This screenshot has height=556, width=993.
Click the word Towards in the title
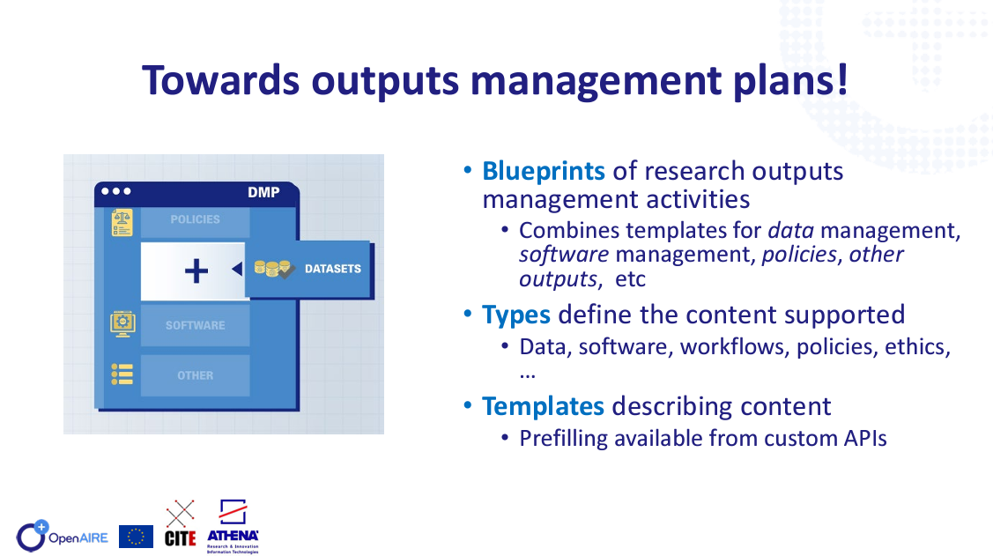click(220, 80)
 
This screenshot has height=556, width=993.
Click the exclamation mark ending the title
click(841, 79)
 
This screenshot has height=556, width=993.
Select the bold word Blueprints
click(544, 171)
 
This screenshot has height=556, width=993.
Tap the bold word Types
click(516, 315)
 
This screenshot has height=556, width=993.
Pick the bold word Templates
click(543, 406)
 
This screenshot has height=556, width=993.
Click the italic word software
click(564, 255)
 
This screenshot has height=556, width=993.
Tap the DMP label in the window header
click(263, 192)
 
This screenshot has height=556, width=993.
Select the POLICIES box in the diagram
click(195, 219)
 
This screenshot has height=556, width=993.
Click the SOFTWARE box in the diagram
click(195, 325)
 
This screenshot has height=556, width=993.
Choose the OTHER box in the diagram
click(195, 375)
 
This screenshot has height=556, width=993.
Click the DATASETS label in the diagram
click(333, 269)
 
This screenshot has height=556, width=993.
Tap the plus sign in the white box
click(196, 271)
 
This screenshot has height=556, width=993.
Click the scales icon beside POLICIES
click(122, 223)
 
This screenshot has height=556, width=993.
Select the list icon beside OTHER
click(122, 374)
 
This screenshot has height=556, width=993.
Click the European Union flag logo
click(136, 537)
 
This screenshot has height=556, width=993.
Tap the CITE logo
click(180, 523)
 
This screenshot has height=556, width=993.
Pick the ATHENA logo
click(233, 526)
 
